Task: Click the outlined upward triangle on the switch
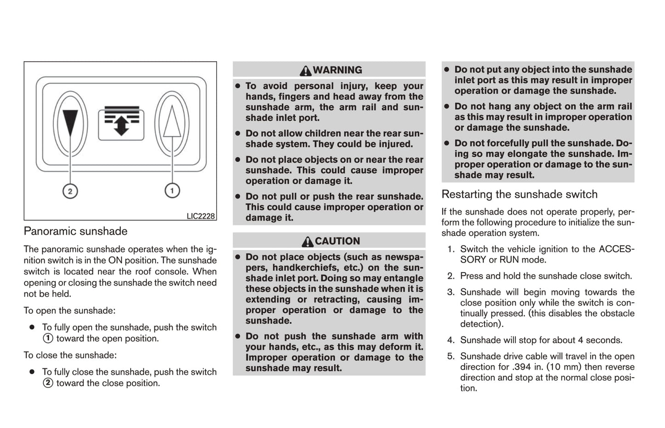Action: pos(172,121)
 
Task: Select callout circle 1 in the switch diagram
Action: pos(172,190)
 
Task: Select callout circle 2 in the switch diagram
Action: pos(70,191)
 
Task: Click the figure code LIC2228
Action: pos(201,216)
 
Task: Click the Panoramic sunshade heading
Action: pos(75,231)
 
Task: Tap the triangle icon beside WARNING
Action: pos(305,70)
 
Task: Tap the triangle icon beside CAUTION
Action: pos(307,241)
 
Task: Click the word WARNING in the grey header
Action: pos(337,70)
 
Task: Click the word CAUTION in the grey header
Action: pos(337,241)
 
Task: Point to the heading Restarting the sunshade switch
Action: pos(519,194)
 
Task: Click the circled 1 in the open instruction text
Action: pos(48,339)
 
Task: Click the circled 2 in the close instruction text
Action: pos(48,383)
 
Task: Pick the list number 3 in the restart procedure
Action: pos(451,292)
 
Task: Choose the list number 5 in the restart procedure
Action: pos(451,356)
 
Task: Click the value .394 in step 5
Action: pos(521,367)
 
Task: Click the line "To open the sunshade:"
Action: pos(69,311)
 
